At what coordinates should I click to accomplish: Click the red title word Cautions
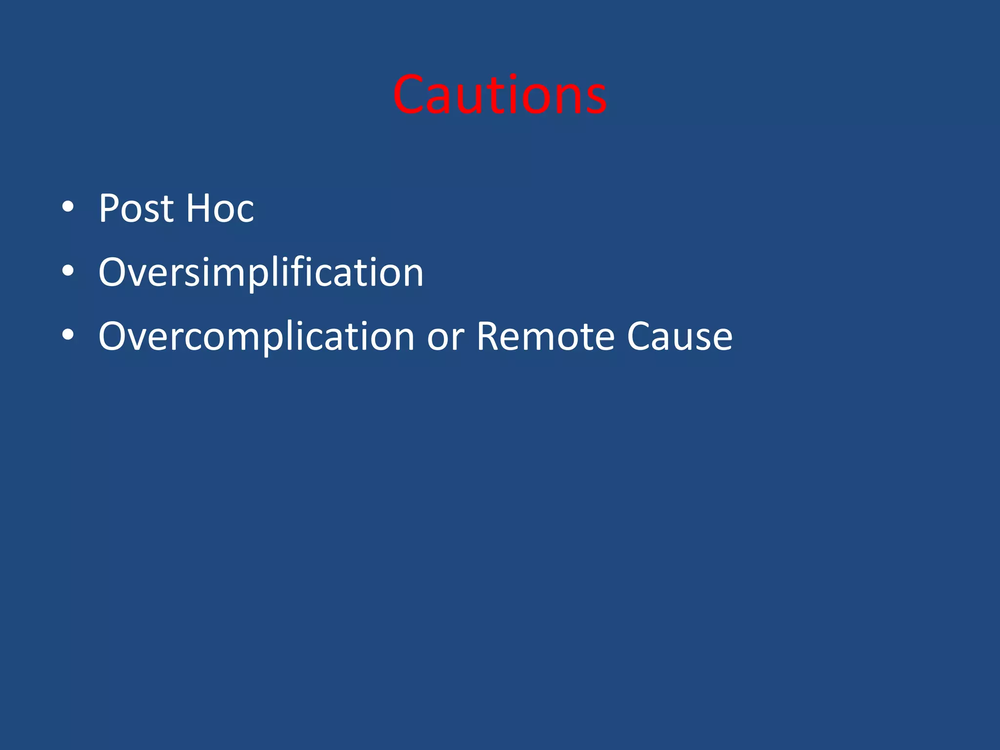click(x=500, y=95)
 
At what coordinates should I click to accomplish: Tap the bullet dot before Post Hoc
click(x=68, y=208)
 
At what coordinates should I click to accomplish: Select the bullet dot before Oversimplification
click(x=68, y=271)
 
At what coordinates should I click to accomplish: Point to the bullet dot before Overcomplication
click(x=68, y=335)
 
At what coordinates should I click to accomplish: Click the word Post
click(x=136, y=208)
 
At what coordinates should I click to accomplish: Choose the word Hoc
click(x=220, y=208)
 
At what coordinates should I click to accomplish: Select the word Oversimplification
click(x=261, y=272)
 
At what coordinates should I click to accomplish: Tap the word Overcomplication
click(x=256, y=336)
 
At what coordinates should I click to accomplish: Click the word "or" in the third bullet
click(x=445, y=337)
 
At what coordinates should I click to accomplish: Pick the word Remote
click(x=545, y=336)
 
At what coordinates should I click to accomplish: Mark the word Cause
click(x=679, y=336)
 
